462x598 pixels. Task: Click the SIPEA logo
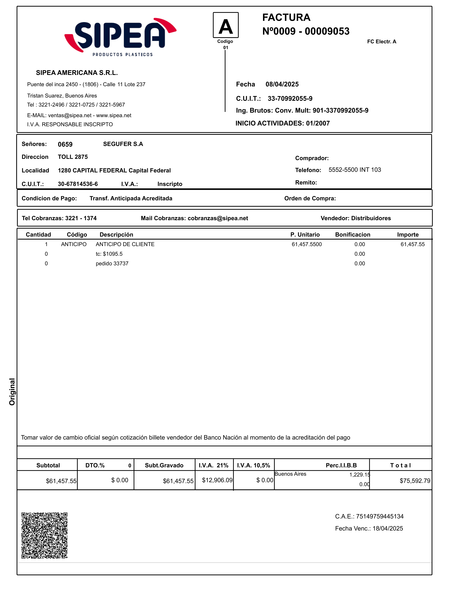[x=120, y=37]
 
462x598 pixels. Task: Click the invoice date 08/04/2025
[x=282, y=84]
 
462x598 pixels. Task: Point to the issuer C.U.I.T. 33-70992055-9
[x=290, y=99]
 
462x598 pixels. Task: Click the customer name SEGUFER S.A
[x=123, y=144]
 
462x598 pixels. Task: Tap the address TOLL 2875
[x=73, y=157]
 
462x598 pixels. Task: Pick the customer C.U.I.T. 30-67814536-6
[x=78, y=184]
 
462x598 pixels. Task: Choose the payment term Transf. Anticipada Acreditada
[x=131, y=199]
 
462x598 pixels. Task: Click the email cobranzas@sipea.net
[x=218, y=218]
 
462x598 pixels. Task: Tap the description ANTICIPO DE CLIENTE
[x=125, y=244]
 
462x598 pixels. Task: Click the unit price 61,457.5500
[x=307, y=244]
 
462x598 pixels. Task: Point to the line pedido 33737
[x=112, y=263]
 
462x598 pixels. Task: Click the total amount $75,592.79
[x=415, y=481]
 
